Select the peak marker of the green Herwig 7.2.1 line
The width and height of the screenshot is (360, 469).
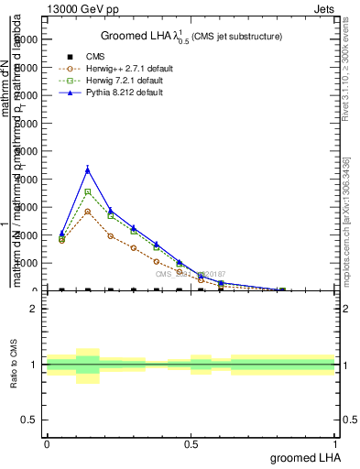click(88, 191)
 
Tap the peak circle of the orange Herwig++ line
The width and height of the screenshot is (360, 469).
click(88, 212)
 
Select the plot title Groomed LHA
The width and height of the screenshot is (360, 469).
click(191, 36)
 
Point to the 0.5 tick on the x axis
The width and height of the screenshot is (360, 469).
click(191, 444)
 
